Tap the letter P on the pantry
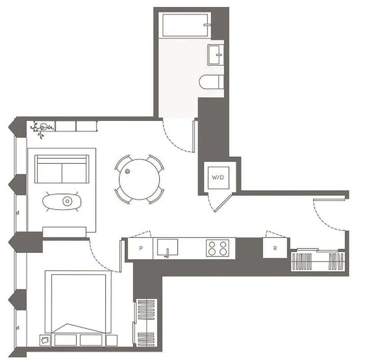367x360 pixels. coord(141,248)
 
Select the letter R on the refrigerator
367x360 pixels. coord(275,248)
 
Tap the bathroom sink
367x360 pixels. coord(215,54)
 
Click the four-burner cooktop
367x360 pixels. coord(218,248)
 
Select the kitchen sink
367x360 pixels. coord(167,247)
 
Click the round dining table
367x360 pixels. coord(139,179)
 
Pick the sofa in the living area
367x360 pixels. coord(62,169)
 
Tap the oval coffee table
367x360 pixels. coord(62,201)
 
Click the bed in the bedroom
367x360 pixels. coord(78,302)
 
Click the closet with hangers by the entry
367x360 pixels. coord(318,261)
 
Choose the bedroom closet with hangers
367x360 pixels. coord(146,321)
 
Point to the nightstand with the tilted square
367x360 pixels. coord(46,340)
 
